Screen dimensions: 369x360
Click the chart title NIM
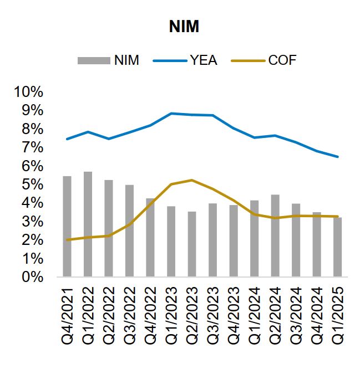tap(184, 27)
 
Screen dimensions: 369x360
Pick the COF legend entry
tap(269, 60)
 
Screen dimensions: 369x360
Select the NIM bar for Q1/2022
tap(88, 224)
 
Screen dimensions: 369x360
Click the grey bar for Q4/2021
tap(67, 227)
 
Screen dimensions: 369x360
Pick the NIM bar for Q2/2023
tap(191, 244)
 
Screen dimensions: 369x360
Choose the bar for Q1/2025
tap(337, 247)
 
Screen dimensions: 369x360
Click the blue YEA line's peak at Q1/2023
tap(171, 114)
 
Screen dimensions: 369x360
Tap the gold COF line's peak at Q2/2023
tap(192, 180)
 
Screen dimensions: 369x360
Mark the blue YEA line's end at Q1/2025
tap(337, 157)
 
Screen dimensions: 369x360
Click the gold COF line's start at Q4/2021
tap(67, 240)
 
